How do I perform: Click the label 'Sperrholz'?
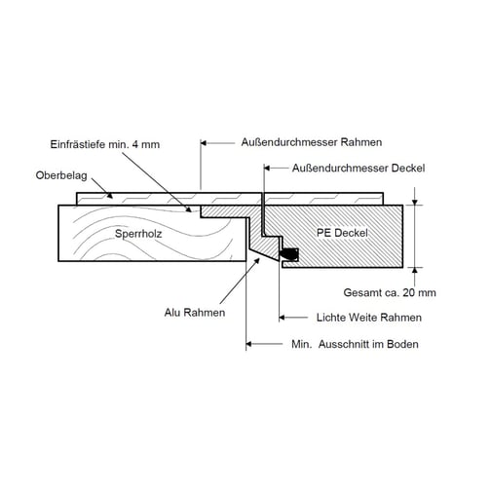[x=138, y=234]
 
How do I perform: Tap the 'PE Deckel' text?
[x=342, y=233]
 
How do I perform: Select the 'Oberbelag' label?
[x=61, y=175]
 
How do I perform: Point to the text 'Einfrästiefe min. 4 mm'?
[x=105, y=144]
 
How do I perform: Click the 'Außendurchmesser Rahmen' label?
[x=312, y=142]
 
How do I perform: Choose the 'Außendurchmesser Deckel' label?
[x=359, y=169]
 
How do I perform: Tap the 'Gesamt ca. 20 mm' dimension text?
[x=390, y=292]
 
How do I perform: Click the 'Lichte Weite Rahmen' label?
[x=369, y=318]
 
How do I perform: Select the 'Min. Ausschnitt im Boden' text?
[x=355, y=344]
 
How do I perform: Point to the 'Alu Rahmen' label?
[x=195, y=313]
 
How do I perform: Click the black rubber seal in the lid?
[x=289, y=254]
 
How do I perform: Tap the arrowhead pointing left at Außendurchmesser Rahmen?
[x=204, y=143]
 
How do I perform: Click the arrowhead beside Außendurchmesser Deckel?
[x=267, y=168]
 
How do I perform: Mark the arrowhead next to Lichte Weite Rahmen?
[x=283, y=318]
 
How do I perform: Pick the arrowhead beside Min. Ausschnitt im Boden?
[x=249, y=344]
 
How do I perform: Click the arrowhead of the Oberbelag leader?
[x=110, y=195]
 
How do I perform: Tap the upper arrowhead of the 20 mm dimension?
[x=414, y=202]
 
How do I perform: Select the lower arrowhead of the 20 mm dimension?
[x=414, y=271]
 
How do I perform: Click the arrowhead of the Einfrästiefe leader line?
[x=189, y=208]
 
